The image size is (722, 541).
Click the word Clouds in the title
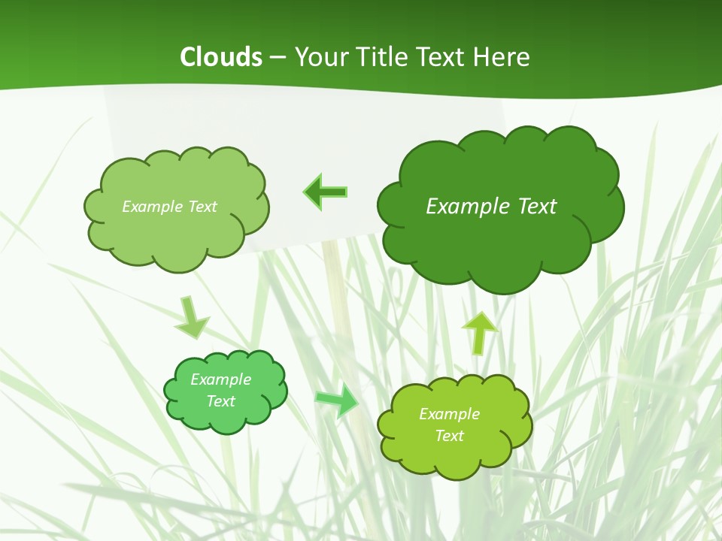[221, 56]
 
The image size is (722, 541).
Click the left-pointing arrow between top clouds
[325, 192]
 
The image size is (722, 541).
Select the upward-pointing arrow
[479, 332]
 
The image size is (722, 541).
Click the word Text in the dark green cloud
[537, 206]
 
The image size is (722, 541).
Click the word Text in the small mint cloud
[220, 401]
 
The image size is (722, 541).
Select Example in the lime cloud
[449, 414]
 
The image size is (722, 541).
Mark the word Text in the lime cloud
[449, 436]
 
